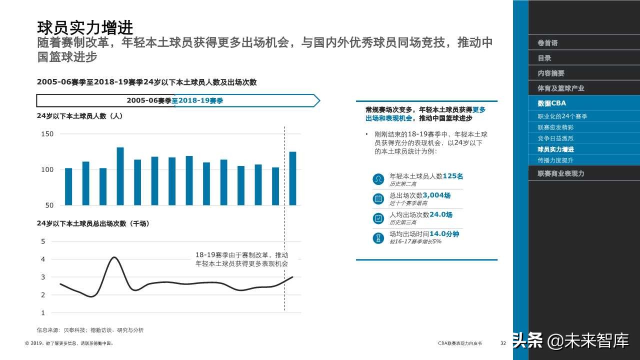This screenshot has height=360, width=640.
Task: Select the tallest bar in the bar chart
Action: (120, 176)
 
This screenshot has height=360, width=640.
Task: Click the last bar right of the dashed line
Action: (292, 178)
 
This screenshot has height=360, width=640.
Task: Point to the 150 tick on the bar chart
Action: (47, 134)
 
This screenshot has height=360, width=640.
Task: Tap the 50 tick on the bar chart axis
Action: (49, 205)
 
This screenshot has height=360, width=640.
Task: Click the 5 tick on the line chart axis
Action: (43, 241)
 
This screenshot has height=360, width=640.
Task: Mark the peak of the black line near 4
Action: (114, 257)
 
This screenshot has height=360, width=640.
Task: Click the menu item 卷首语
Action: (547, 43)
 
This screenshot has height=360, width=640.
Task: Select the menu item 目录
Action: (544, 58)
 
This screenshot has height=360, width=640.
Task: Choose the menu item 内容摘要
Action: (551, 73)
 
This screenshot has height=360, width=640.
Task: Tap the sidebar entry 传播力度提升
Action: (555, 160)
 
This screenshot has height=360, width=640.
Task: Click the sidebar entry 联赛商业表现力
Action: (561, 173)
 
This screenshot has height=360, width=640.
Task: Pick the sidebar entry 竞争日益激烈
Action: (555, 138)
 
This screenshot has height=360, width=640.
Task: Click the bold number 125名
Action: (453, 176)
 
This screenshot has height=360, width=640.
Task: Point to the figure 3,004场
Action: (436, 195)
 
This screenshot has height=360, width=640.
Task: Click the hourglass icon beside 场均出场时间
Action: (378, 238)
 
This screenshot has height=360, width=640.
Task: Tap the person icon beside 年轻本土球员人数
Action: (378, 179)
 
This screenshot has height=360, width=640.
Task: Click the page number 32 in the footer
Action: (503, 343)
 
